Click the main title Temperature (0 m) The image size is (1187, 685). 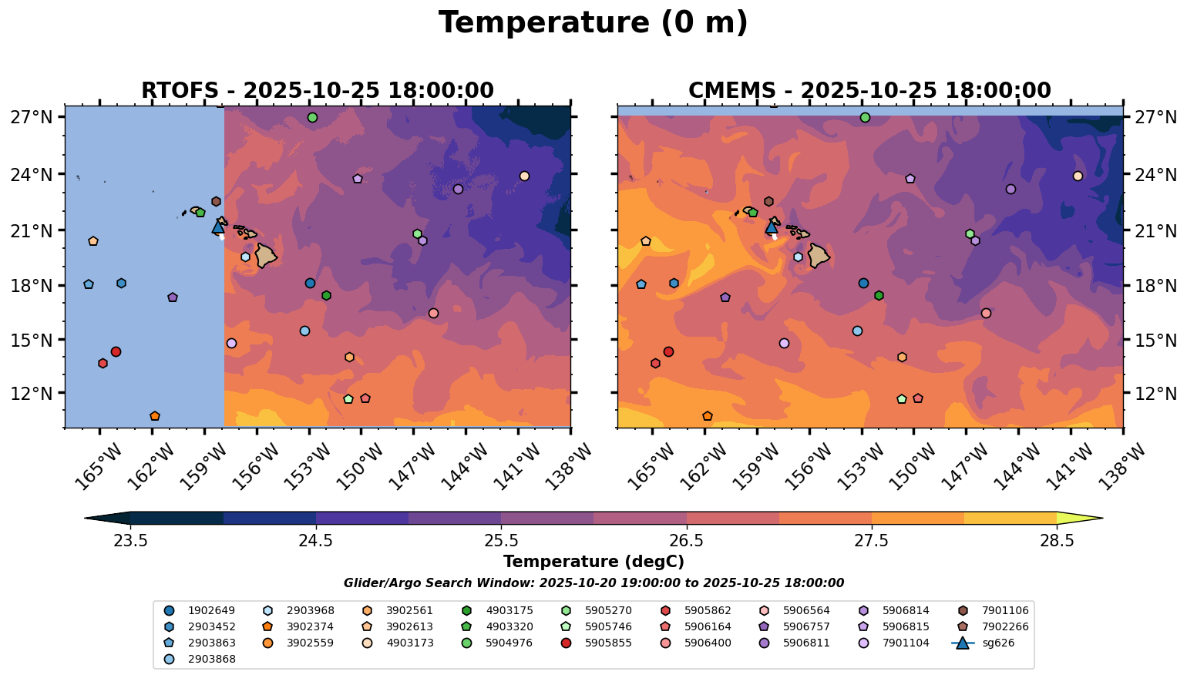[x=593, y=23]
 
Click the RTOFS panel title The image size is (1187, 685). [x=317, y=91]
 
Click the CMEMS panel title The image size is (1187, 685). [x=869, y=91]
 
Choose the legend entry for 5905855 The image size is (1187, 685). [x=608, y=643]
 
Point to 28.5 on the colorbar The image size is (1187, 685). [x=1057, y=540]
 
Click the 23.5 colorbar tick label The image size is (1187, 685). [x=130, y=540]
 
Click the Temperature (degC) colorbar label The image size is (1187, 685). [x=593, y=562]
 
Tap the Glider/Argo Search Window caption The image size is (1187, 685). [x=593, y=583]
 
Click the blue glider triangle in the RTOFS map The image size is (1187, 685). [x=218, y=227]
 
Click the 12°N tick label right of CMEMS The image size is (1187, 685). [x=1154, y=394]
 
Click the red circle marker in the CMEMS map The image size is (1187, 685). [x=668, y=351]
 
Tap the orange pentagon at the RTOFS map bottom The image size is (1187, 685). [x=155, y=416]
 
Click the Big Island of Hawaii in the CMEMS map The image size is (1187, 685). [x=818, y=255]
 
